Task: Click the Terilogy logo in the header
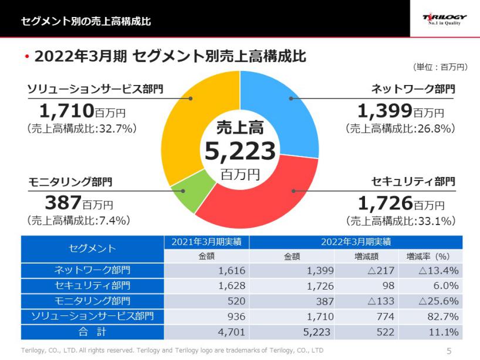click(445, 19)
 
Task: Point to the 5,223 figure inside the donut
click(240, 151)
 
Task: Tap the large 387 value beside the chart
click(62, 202)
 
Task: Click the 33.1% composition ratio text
click(401, 221)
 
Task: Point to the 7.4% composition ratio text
click(79, 220)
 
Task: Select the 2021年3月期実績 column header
click(207, 242)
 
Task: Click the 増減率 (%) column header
click(428, 256)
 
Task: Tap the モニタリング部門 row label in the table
click(92, 301)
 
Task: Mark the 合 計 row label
click(92, 332)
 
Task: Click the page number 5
click(449, 351)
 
